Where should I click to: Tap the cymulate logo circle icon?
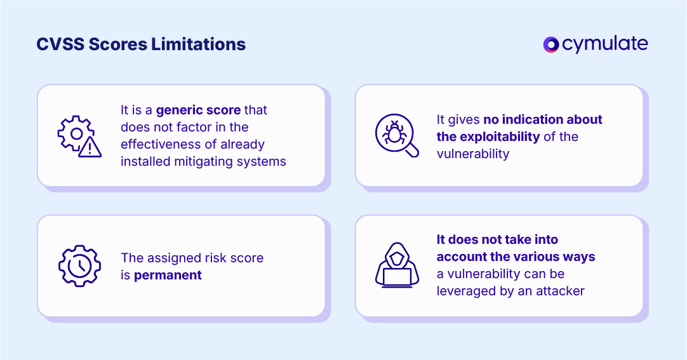coord(550,44)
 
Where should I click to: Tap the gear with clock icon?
coord(79,265)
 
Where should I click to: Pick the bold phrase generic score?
coord(198,110)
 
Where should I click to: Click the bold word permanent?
coord(168,275)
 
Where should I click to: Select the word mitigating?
coord(204,161)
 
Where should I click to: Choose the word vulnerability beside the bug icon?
coord(473,154)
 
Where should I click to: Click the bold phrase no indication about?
coord(543,119)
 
